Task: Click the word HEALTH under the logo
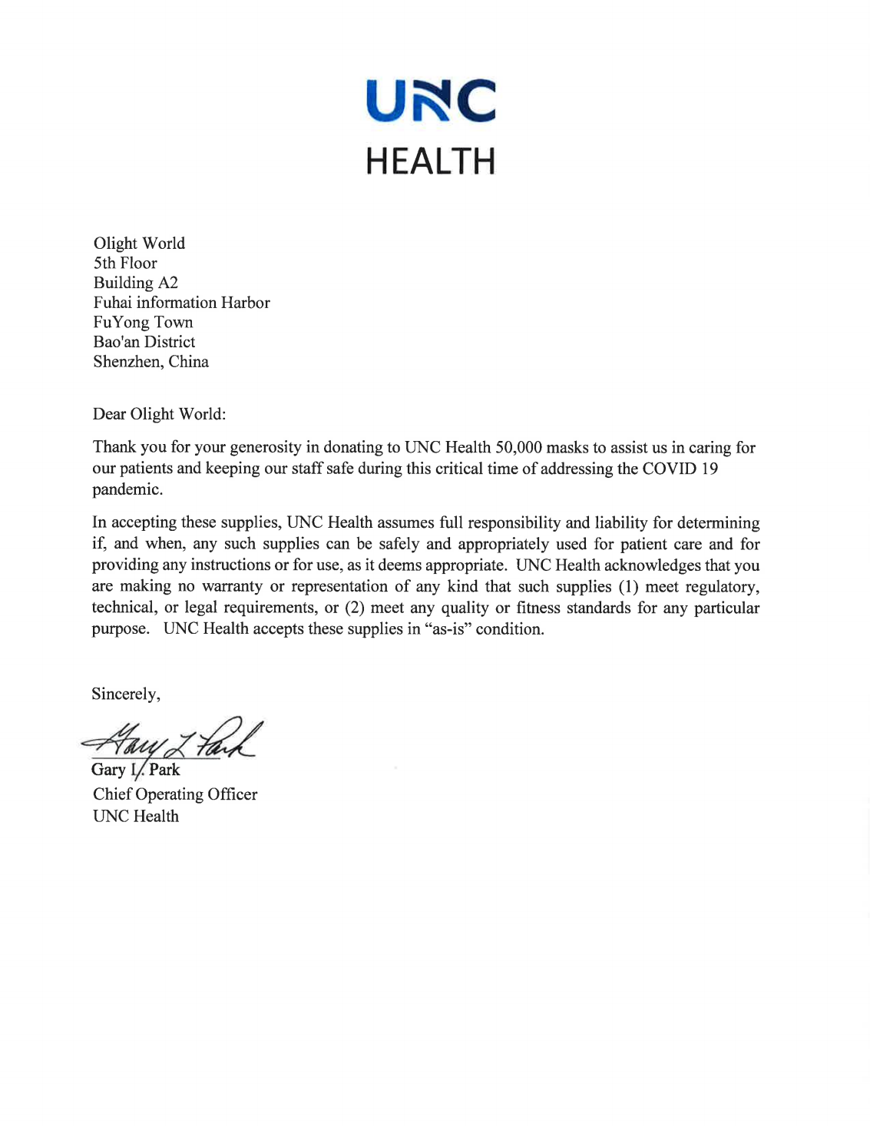point(431,161)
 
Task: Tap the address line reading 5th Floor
point(125,264)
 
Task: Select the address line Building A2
point(136,283)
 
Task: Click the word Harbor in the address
point(245,303)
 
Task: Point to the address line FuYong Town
point(143,323)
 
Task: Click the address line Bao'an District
point(144,342)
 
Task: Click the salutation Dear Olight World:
point(159,414)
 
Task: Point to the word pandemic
point(127,489)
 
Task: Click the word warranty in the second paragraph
point(232,587)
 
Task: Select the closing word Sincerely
point(125,694)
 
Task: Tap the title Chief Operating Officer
point(175,794)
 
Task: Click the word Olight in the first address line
point(115,244)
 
